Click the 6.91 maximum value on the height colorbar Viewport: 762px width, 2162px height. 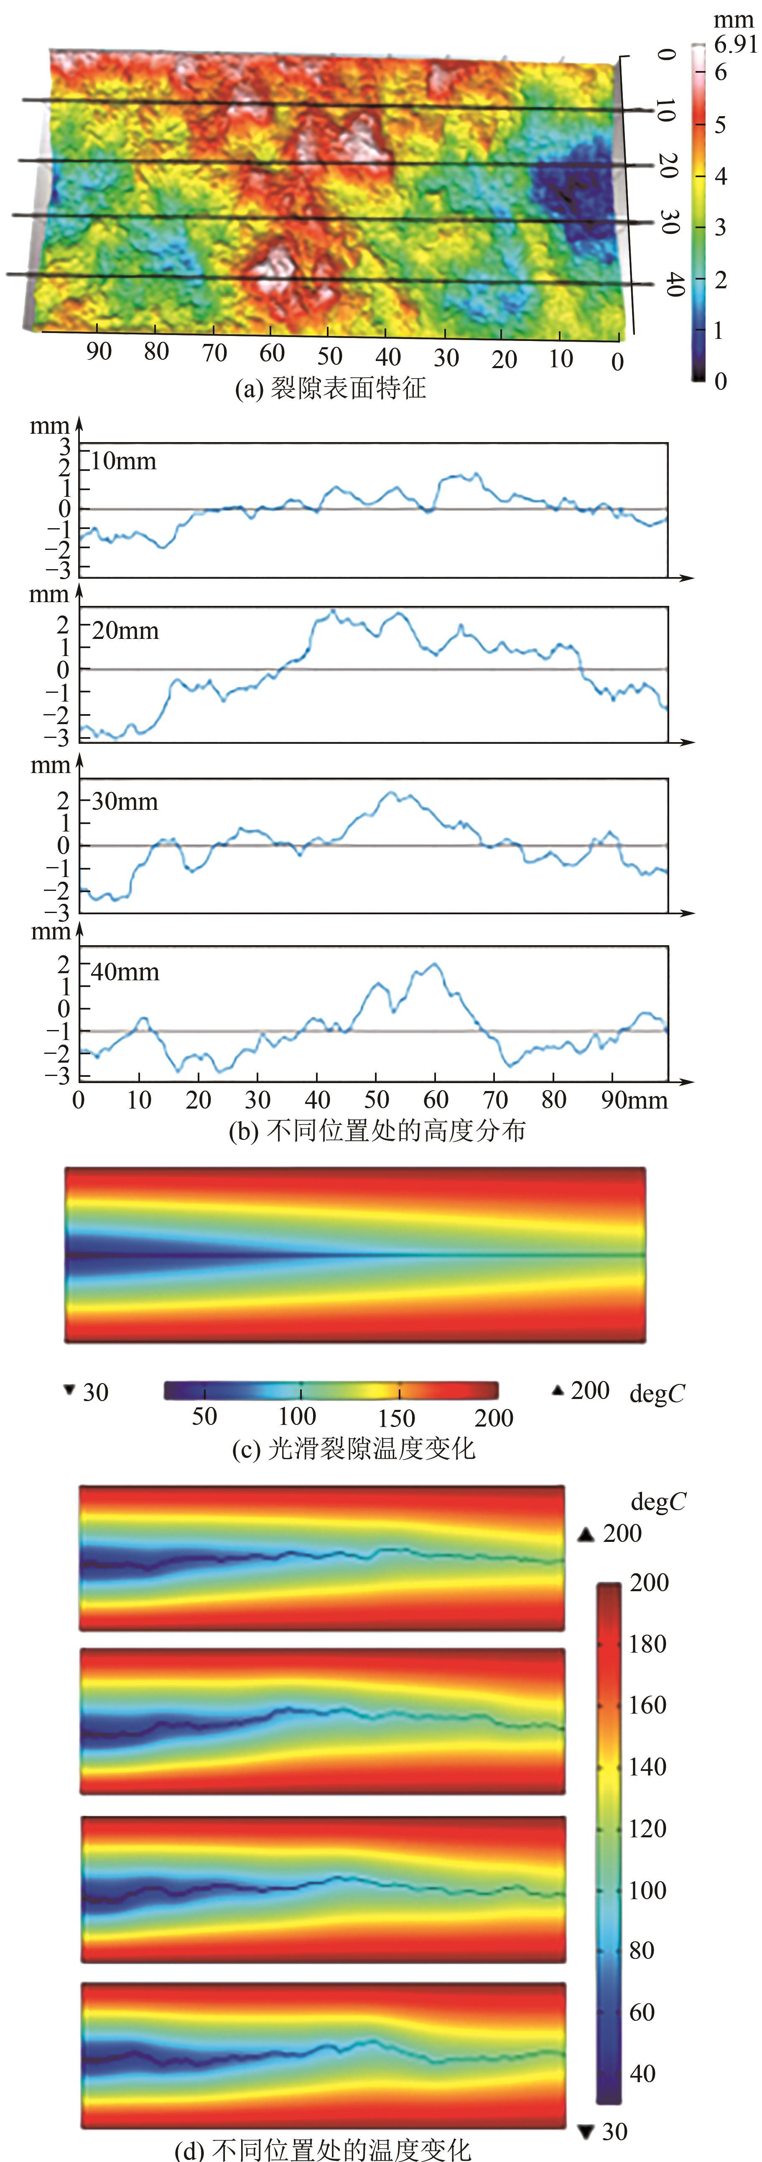click(735, 44)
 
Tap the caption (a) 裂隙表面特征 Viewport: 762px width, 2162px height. click(330, 388)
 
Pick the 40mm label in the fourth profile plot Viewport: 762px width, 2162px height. click(125, 972)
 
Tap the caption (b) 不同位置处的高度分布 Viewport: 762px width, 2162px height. click(377, 1131)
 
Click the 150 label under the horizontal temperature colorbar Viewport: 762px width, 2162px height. click(396, 1417)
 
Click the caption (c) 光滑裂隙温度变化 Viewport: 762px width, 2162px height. click(353, 1448)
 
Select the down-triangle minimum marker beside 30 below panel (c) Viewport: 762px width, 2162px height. click(70, 1390)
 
